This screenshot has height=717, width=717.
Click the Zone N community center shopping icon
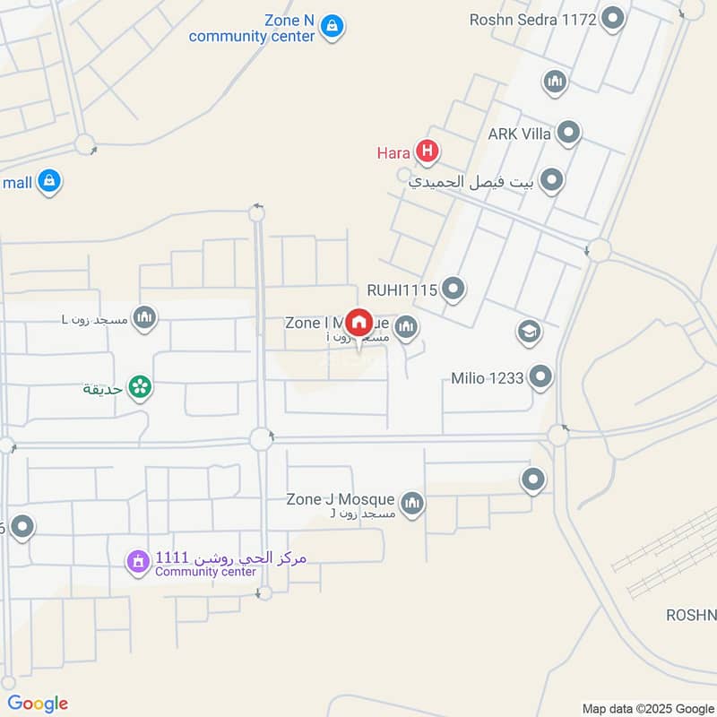tap(332, 26)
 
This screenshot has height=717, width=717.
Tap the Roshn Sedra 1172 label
tap(532, 19)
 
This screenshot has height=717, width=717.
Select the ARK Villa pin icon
tap(568, 134)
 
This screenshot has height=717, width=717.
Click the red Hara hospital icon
tap(428, 152)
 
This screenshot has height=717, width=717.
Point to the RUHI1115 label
tap(402, 289)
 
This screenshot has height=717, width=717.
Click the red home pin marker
tap(358, 323)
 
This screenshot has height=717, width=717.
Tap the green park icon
tap(140, 387)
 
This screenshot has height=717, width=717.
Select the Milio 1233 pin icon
tap(540, 377)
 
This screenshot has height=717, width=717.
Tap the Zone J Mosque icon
tap(411, 504)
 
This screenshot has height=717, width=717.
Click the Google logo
tap(38, 704)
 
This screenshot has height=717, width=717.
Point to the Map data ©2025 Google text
tap(647, 707)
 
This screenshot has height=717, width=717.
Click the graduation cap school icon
tap(529, 333)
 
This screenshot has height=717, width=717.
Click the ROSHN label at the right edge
tap(691, 615)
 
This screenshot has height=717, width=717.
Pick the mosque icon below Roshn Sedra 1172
tap(555, 83)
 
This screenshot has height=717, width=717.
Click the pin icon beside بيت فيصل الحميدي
tap(552, 181)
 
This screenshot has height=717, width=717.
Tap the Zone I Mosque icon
tap(406, 329)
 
